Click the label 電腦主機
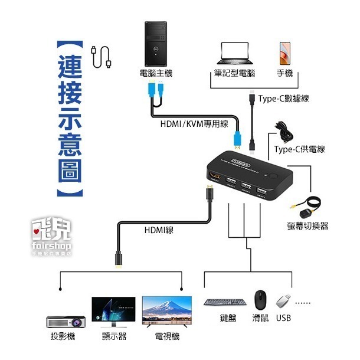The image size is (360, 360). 155,74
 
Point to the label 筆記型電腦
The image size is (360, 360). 235,74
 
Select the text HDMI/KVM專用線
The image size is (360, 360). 194,124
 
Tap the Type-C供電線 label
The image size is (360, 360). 299,149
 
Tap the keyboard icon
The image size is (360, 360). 221,302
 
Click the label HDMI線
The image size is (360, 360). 158,230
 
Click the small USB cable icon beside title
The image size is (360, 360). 102,55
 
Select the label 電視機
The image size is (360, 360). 166,336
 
